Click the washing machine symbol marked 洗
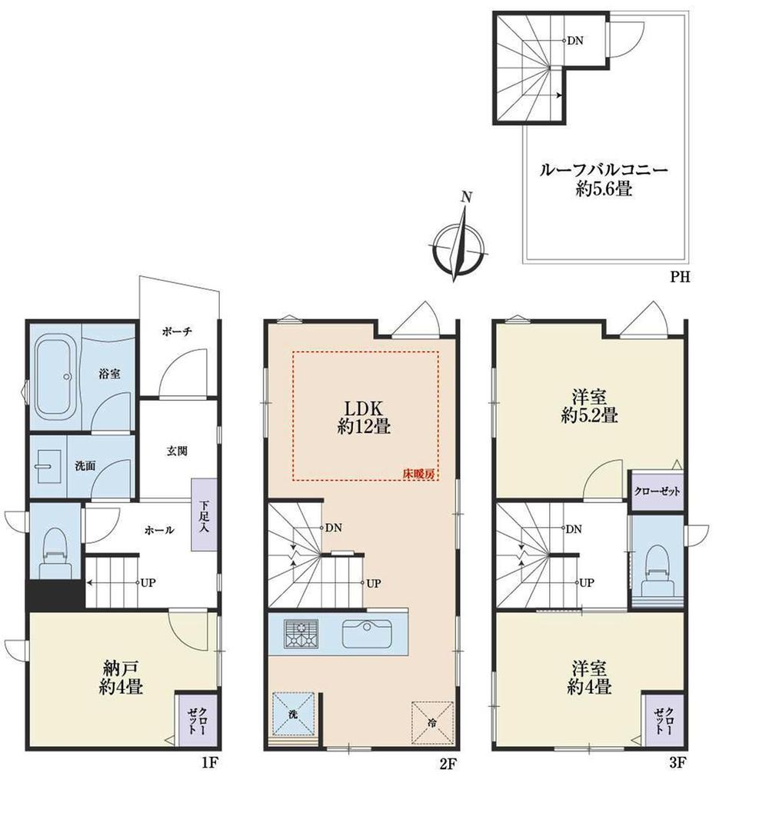pyautogui.click(x=292, y=712)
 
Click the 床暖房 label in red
pyautogui.click(x=419, y=474)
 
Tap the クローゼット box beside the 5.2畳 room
pyautogui.click(x=656, y=492)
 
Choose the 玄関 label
pyautogui.click(x=177, y=452)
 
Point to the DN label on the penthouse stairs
pyautogui.click(x=574, y=41)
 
